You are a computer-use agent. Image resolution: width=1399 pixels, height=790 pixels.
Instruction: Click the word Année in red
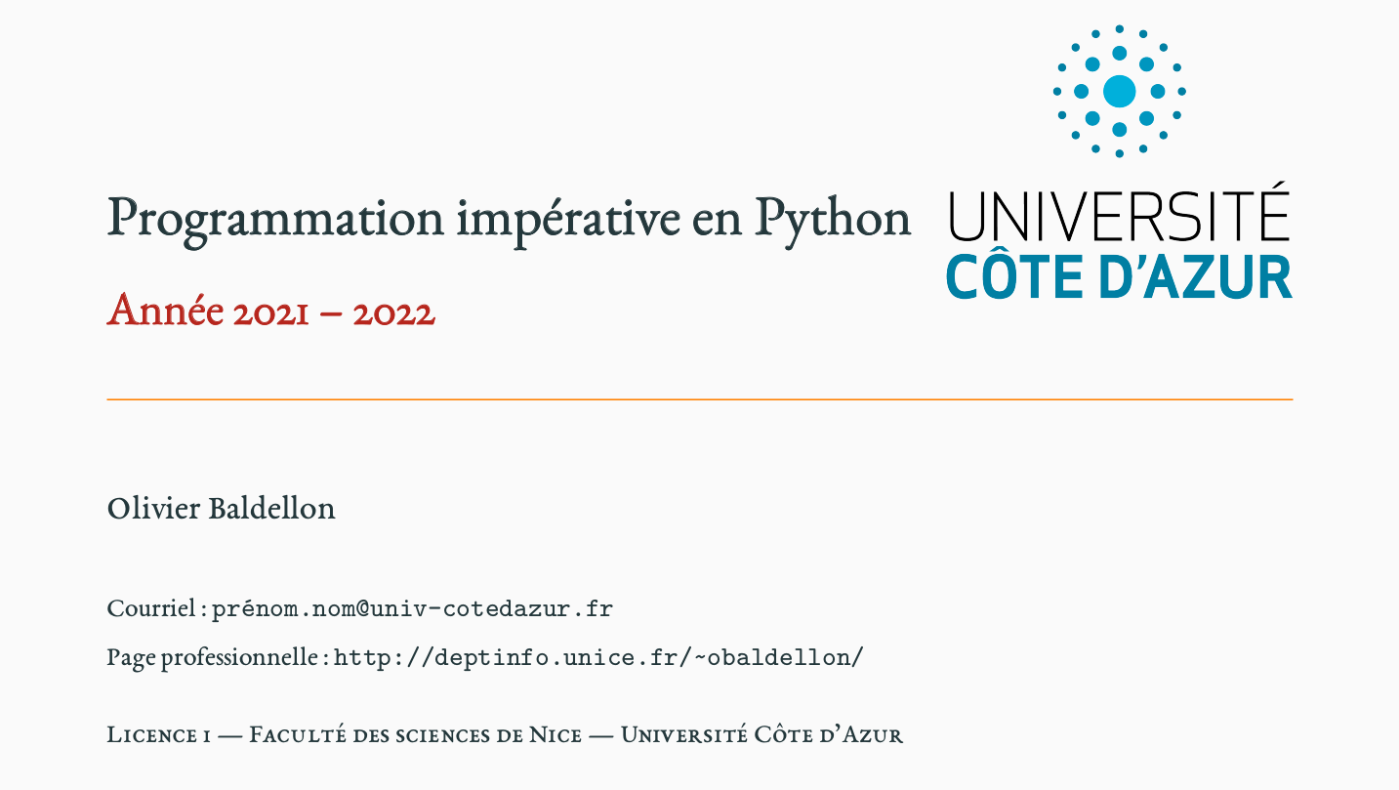pyautogui.click(x=166, y=311)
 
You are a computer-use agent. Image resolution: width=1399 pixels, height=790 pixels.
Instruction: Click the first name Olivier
pyautogui.click(x=153, y=509)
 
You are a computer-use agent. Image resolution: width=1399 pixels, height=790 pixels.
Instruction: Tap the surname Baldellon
pyautogui.click(x=271, y=509)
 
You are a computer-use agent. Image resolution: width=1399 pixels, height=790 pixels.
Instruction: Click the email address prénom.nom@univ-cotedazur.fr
pyautogui.click(x=412, y=609)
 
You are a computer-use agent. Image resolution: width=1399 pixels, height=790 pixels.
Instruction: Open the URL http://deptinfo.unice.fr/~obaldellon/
pyautogui.click(x=599, y=657)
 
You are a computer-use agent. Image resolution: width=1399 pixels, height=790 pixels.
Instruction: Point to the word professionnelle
pyautogui.click(x=240, y=658)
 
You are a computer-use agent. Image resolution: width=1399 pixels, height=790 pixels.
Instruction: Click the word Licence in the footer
pyautogui.click(x=151, y=735)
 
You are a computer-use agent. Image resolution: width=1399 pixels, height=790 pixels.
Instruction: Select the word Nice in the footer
pyautogui.click(x=555, y=735)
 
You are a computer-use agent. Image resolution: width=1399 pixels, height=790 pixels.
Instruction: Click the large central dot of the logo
pyautogui.click(x=1119, y=91)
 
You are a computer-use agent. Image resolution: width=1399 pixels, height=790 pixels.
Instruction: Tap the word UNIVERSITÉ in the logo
pyautogui.click(x=1119, y=212)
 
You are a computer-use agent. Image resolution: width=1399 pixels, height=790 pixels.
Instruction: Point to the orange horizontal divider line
pyautogui.click(x=699, y=399)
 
